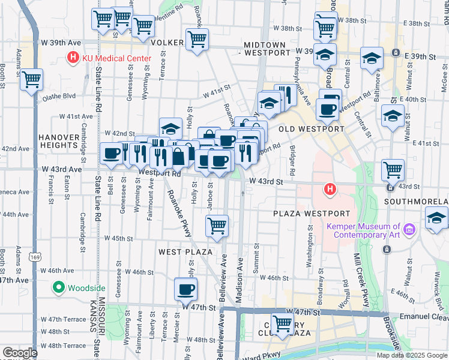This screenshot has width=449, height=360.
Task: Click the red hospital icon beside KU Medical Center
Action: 73,59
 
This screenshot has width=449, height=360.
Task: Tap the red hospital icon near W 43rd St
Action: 329,190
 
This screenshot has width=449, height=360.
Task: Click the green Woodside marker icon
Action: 58,287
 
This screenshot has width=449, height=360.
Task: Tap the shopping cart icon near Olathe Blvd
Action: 31,80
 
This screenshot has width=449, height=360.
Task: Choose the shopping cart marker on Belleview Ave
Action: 217,226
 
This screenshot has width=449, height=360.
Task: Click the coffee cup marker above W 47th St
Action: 185,289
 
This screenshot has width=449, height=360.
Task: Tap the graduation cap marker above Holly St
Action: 170,128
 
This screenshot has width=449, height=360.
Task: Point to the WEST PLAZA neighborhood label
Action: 183,252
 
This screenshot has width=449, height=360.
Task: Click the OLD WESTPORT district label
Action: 312,128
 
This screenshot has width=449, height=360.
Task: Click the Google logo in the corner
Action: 20,353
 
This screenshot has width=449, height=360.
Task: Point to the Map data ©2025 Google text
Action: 412,355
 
